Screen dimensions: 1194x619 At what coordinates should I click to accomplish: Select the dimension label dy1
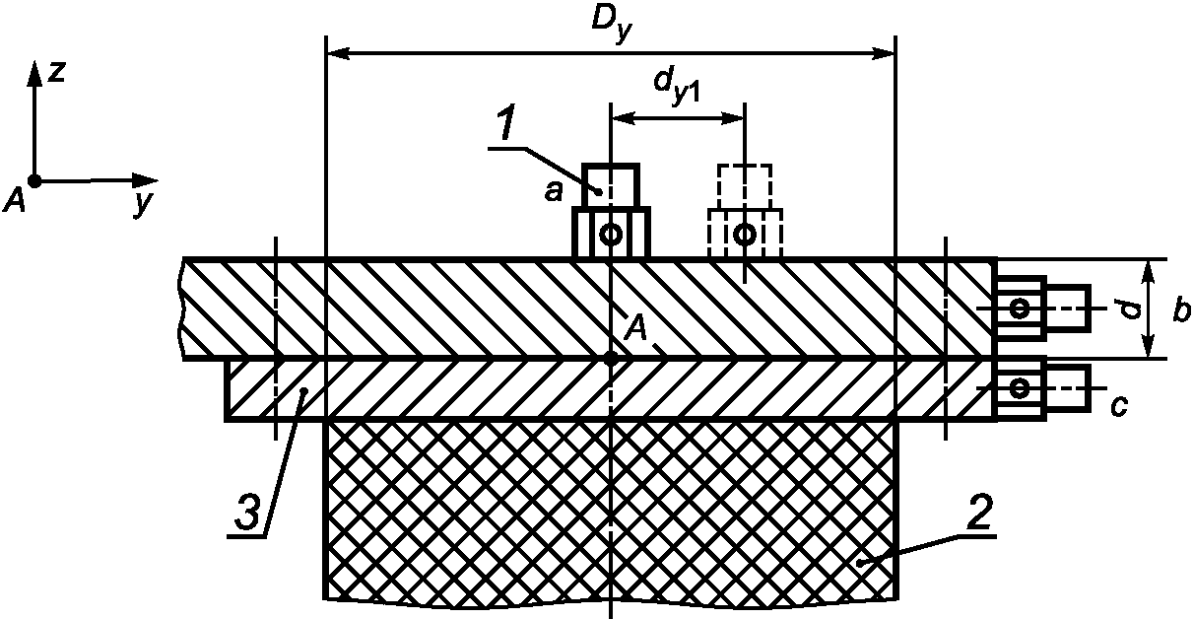[x=677, y=87]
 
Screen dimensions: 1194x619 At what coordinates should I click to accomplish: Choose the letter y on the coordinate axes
[x=144, y=204]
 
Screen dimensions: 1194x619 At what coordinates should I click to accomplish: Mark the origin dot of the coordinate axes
[x=35, y=181]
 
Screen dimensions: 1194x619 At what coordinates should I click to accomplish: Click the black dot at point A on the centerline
[x=611, y=359]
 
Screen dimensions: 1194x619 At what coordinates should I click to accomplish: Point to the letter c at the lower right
[x=1118, y=404]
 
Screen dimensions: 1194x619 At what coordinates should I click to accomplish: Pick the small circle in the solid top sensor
[x=611, y=235]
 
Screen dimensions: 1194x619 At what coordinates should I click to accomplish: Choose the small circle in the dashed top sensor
[x=745, y=235]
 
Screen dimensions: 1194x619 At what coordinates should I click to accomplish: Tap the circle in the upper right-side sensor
[x=1021, y=309]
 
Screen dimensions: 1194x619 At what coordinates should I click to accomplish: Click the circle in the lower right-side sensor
[x=1021, y=385]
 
